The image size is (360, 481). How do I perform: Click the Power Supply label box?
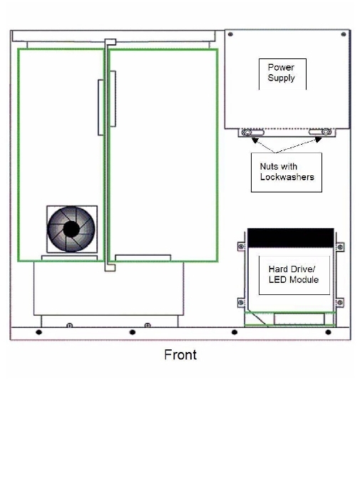click(282, 74)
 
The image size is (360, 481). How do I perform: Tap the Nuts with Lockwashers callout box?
click(287, 172)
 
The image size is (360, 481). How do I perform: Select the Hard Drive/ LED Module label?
click(294, 275)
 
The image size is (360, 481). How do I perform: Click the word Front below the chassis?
click(180, 355)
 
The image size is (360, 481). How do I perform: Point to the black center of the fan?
click(71, 229)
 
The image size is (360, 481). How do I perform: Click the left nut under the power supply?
click(247, 133)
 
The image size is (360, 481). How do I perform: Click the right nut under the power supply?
click(326, 132)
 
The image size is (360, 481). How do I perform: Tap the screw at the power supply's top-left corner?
click(230, 34)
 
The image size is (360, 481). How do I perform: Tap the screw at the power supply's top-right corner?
click(344, 34)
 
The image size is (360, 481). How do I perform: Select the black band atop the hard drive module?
click(291, 238)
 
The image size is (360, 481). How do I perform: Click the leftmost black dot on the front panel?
click(38, 332)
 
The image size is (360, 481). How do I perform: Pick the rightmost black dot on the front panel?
click(328, 332)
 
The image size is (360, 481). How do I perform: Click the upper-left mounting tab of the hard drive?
click(241, 247)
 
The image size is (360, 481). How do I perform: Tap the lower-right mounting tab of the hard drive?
click(340, 303)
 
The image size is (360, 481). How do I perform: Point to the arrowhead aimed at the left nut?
click(254, 140)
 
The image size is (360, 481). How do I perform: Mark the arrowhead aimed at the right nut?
click(318, 140)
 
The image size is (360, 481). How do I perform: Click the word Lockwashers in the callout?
click(287, 177)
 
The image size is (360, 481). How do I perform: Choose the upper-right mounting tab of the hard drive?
click(340, 247)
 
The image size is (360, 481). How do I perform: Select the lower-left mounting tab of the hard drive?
click(241, 303)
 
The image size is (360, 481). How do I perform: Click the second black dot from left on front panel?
click(133, 332)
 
